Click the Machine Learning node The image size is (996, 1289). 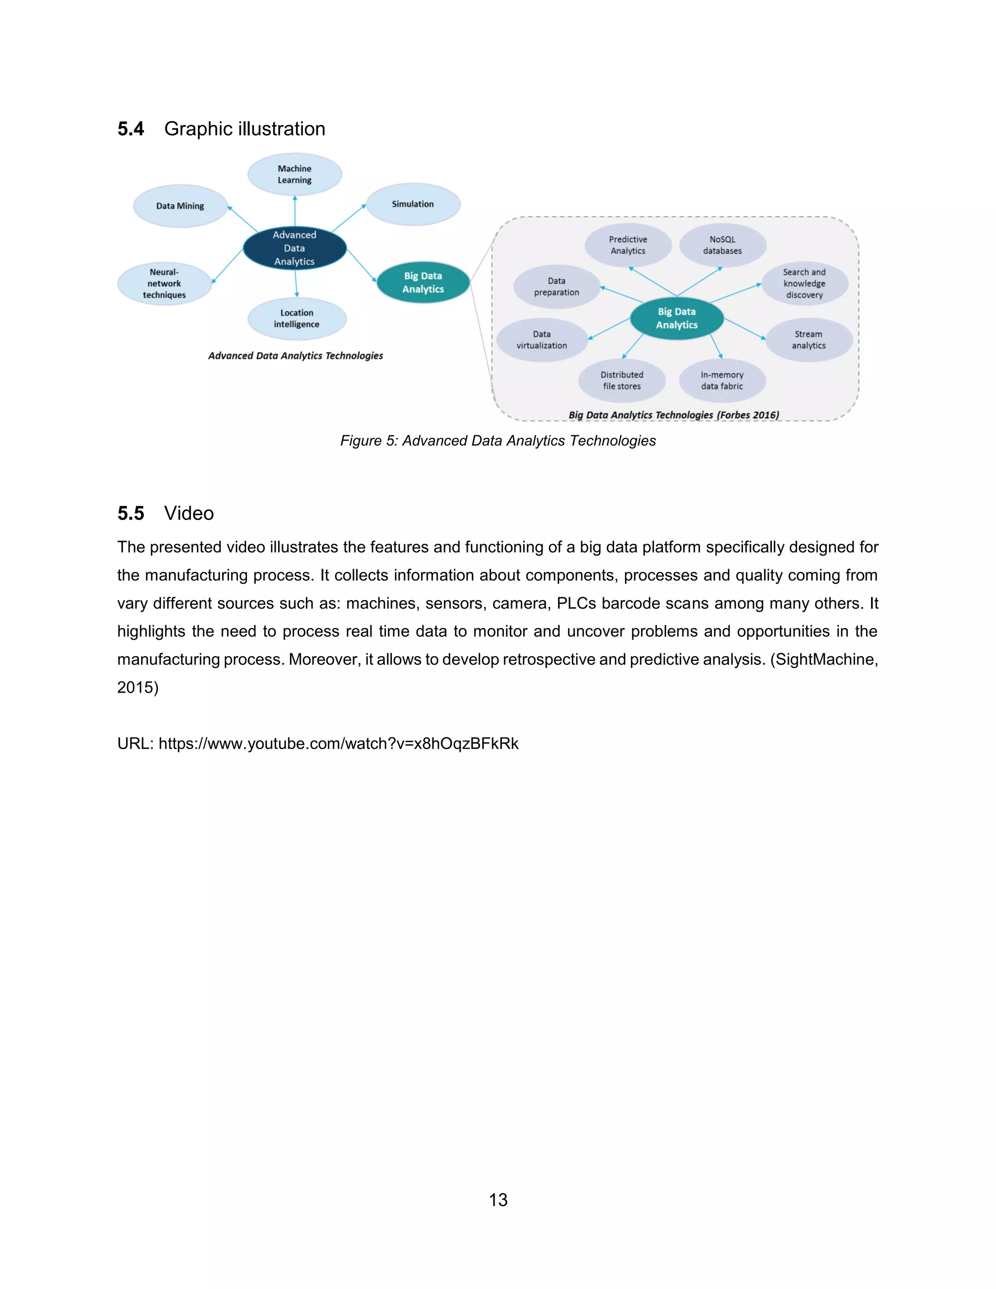[294, 174]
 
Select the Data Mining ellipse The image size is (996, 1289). [180, 206]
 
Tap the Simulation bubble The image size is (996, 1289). [412, 204]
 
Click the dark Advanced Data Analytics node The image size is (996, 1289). [294, 248]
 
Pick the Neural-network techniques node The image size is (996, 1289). [164, 283]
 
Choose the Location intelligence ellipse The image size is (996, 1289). [296, 319]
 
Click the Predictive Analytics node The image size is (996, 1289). [628, 245]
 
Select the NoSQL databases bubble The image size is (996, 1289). [722, 245]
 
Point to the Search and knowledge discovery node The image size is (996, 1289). [804, 283]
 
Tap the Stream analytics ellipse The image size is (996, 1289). [808, 340]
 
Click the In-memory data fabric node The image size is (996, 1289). [722, 381]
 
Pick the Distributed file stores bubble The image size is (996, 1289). [622, 381]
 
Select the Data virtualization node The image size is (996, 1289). [542, 340]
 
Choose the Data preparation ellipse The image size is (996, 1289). [556, 287]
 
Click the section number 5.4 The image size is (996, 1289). [130, 129]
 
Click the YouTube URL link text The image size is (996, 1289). [338, 743]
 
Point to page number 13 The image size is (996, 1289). [498, 1199]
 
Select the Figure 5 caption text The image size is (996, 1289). [498, 441]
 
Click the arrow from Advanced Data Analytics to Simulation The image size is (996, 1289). [349, 218]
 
